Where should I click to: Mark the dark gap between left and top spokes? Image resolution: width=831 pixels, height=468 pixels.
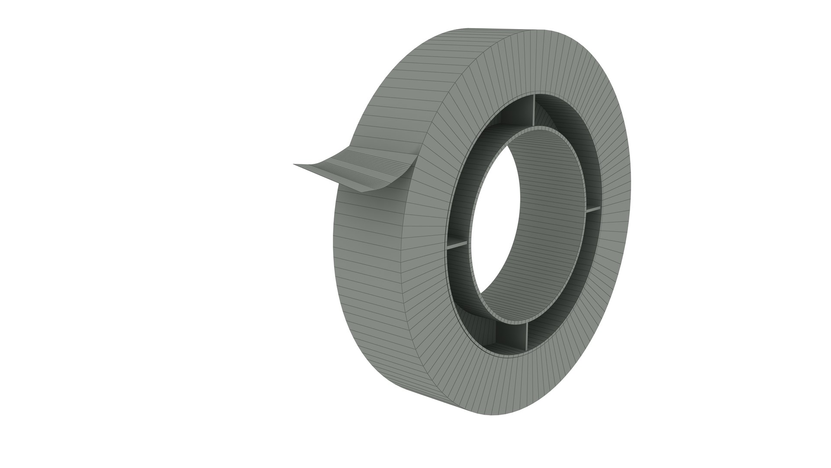point(480,152)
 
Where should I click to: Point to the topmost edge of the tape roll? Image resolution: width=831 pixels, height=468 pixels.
point(498,29)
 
